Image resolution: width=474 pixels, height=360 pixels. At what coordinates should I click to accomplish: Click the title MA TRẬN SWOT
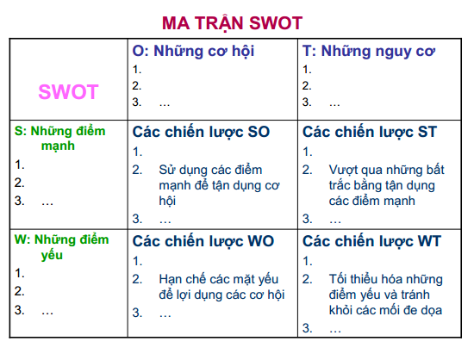(232, 23)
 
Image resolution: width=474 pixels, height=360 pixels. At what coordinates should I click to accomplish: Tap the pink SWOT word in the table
(68, 92)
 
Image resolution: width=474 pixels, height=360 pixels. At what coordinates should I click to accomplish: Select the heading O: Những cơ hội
(193, 51)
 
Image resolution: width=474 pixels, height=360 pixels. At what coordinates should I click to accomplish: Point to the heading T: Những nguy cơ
(369, 52)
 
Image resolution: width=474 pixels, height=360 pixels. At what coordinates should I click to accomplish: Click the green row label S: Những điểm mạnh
(59, 139)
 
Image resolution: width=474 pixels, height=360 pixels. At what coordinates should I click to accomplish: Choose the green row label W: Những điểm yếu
(61, 247)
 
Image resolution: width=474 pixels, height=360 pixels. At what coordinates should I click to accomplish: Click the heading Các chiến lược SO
(201, 133)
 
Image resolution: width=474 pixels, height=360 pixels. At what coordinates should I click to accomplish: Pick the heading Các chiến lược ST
(370, 133)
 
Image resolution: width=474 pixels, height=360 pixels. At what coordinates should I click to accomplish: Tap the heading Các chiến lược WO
(203, 242)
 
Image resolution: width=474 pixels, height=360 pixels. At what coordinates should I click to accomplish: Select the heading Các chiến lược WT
(371, 242)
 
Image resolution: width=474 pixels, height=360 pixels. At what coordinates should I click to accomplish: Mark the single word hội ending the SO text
(167, 202)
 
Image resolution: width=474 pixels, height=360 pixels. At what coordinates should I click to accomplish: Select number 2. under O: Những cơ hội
(137, 86)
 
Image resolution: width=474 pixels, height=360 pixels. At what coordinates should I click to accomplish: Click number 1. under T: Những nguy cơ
(307, 70)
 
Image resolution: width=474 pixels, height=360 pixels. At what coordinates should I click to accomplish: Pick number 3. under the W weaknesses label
(19, 310)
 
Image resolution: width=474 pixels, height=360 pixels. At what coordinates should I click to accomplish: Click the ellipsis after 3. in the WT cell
(335, 331)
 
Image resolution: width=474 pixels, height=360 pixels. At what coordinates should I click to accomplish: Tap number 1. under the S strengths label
(19, 164)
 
